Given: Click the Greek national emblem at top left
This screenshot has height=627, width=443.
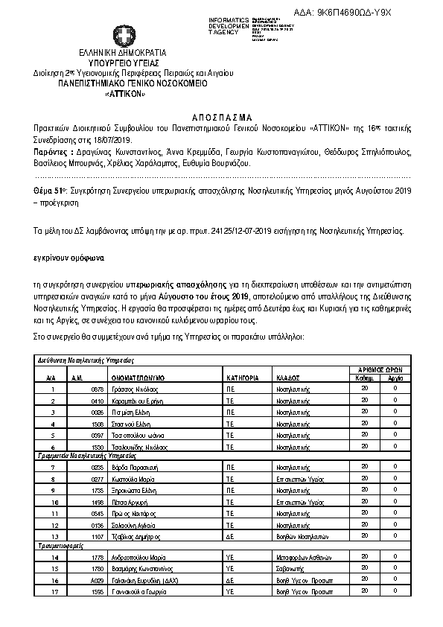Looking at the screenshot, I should (x=123, y=36).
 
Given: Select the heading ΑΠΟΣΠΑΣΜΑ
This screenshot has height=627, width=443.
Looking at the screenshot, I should (x=222, y=118).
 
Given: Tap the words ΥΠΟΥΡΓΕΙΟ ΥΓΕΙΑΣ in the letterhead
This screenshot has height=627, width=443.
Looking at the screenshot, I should (x=123, y=63).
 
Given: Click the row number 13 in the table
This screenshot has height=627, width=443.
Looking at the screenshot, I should (x=53, y=536).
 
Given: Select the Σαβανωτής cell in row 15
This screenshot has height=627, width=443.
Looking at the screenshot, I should (x=292, y=568).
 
